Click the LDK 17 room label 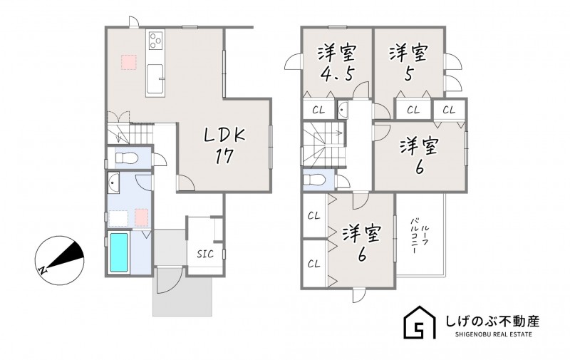(224, 145)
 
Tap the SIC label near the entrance (205, 254)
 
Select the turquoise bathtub (119, 252)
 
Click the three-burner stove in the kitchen (155, 40)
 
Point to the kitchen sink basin (155, 79)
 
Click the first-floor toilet (126, 158)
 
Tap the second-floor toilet (313, 180)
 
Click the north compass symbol (60, 260)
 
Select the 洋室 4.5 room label (337, 63)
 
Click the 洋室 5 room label (408, 63)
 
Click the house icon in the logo (420, 322)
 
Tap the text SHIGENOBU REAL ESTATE (493, 334)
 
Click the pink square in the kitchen (129, 62)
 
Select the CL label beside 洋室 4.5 (318, 110)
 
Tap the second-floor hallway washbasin (343, 108)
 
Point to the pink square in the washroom (142, 217)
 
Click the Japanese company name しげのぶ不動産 (492, 321)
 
